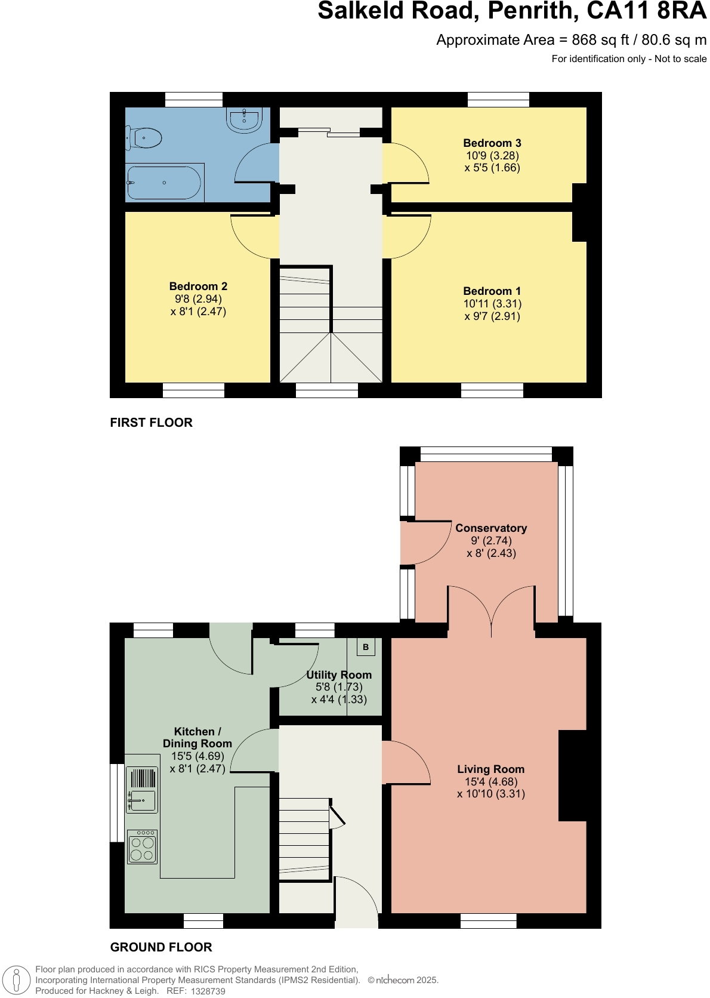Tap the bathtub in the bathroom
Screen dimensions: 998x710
click(164, 183)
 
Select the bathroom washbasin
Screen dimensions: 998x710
click(244, 119)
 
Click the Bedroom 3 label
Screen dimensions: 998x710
click(492, 143)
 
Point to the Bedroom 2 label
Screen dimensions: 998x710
click(198, 287)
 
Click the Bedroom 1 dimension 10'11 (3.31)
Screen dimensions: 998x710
click(492, 304)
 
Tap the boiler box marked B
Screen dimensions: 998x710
click(366, 647)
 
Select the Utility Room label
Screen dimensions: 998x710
click(339, 675)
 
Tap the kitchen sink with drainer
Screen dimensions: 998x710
click(142, 790)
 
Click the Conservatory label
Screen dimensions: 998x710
click(491, 528)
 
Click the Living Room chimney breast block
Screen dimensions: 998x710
click(572, 775)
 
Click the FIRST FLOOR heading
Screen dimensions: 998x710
click(152, 423)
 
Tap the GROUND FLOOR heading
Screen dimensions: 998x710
click(161, 947)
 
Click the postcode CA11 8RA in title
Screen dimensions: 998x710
click(647, 11)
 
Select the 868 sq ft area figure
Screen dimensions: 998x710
click(600, 40)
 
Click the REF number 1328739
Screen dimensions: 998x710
click(208, 991)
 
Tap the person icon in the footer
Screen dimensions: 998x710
click(17, 980)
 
